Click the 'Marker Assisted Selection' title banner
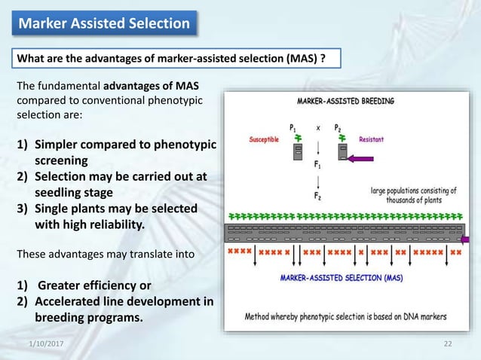coord(105,23)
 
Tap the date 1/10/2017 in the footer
coord(45,343)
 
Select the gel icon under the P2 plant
coord(343,154)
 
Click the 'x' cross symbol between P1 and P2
coord(319,127)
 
